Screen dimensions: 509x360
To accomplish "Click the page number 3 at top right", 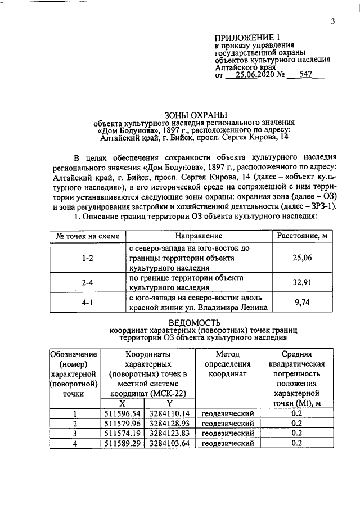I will click(x=332, y=22).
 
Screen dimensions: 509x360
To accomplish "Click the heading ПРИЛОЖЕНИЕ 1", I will click(x=244, y=38).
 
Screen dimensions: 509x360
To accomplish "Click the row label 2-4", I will click(x=87, y=283).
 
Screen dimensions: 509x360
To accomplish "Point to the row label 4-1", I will click(x=87, y=302).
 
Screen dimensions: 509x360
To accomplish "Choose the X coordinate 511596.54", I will click(x=124, y=413).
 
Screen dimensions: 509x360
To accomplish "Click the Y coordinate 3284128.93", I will click(x=169, y=423).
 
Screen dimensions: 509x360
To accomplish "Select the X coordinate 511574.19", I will click(x=124, y=433).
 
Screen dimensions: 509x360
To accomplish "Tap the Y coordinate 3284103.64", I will click(x=169, y=443).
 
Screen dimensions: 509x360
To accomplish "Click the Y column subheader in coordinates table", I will click(x=169, y=403).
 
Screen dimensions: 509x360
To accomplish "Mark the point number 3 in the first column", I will click(x=75, y=433).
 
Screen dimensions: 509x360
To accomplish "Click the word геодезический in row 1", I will click(x=228, y=413).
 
